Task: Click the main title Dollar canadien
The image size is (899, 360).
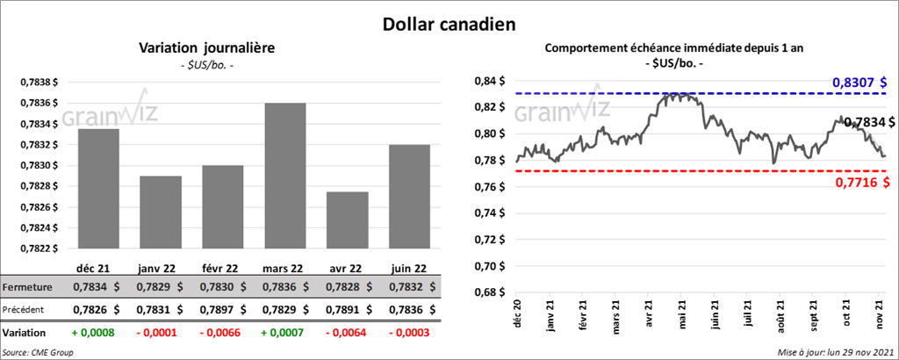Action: (449, 22)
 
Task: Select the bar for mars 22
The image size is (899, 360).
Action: (285, 176)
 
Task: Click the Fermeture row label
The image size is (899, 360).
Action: (28, 287)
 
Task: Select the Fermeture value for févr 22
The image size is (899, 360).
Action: (226, 287)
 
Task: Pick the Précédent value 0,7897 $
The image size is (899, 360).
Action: (226, 309)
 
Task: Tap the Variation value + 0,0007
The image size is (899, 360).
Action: (284, 333)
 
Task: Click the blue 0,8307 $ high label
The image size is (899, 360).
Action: (859, 82)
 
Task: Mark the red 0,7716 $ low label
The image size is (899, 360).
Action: (859, 182)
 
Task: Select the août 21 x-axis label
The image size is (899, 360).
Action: (780, 316)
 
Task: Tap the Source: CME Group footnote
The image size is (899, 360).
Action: (37, 352)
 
